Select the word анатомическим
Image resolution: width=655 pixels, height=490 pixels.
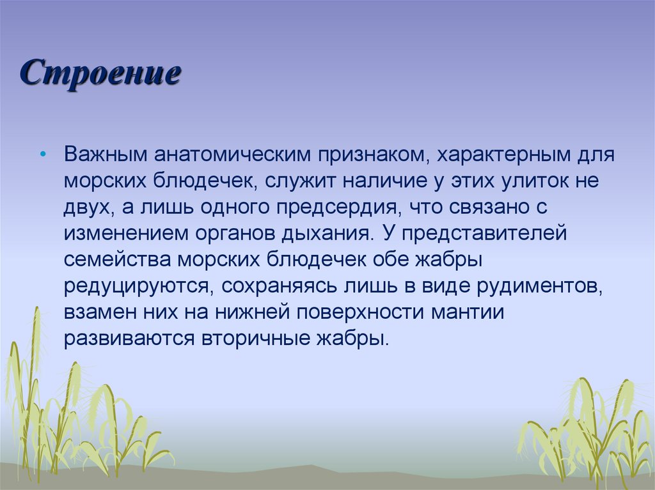[x=232, y=155]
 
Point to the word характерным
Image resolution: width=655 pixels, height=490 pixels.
[x=501, y=155]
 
